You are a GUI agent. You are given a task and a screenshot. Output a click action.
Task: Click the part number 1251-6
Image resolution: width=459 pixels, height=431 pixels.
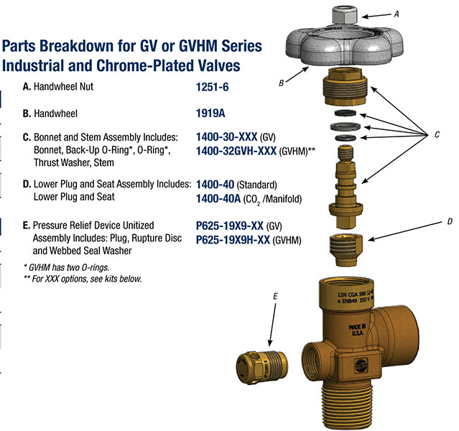tap(212, 87)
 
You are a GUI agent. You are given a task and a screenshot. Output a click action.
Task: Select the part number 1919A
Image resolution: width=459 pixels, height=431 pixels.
tap(210, 113)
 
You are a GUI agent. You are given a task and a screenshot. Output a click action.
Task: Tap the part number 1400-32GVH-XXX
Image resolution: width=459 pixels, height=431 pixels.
tap(236, 151)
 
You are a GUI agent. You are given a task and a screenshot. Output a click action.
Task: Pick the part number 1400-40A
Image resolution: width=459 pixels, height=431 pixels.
tap(218, 199)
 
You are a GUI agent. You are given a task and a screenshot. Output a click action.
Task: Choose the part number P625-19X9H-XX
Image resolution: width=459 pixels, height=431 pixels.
tap(233, 240)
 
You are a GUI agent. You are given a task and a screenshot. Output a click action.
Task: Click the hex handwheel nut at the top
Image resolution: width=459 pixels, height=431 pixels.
tap(345, 15)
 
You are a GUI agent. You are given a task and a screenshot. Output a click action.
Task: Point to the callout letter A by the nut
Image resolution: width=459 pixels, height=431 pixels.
tap(397, 14)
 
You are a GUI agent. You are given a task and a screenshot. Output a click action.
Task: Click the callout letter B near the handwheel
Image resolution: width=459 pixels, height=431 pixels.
tap(281, 83)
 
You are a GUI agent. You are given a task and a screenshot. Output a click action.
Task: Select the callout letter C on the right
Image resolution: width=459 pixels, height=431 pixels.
tap(437, 134)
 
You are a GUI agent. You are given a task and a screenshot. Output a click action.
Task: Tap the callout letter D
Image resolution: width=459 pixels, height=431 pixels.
tap(450, 221)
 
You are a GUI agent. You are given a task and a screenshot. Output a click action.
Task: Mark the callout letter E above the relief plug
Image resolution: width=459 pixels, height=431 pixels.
tap(275, 296)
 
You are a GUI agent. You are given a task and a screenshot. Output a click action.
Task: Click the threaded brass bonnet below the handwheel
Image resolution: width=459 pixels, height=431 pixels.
tap(345, 86)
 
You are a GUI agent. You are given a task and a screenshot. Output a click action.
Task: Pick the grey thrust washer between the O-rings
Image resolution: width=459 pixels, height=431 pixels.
tap(345, 126)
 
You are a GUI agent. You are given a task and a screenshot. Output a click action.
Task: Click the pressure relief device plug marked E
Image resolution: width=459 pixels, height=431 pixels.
tap(262, 367)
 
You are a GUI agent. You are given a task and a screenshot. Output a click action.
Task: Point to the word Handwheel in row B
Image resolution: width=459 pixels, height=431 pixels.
tap(55, 113)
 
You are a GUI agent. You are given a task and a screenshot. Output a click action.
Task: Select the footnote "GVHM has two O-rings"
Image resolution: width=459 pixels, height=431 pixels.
tap(67, 267)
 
